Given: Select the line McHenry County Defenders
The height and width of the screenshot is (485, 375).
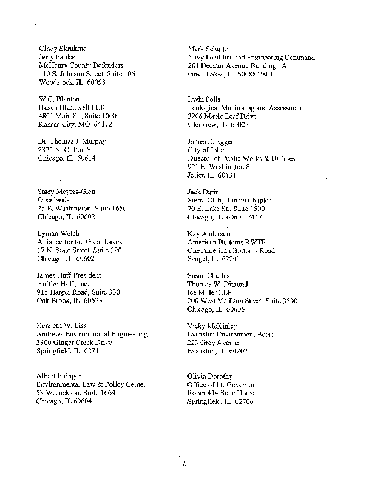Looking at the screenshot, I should pyautogui.click(x=81, y=65).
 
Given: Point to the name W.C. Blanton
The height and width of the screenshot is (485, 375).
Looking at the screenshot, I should pyautogui.click(x=59, y=99).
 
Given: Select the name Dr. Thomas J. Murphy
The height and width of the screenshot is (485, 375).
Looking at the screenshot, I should pyautogui.click(x=72, y=141).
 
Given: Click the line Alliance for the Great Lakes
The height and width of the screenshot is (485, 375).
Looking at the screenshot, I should pyautogui.click(x=79, y=242).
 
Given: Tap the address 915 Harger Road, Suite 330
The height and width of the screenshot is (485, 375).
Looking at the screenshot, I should pyautogui.click(x=79, y=292).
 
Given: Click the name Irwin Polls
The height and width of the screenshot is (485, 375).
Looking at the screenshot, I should pyautogui.click(x=204, y=99).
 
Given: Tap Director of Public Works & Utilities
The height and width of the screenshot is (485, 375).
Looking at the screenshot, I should pyautogui.click(x=242, y=158).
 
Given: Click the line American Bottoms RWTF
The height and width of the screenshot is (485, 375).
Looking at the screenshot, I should pyautogui.click(x=223, y=242).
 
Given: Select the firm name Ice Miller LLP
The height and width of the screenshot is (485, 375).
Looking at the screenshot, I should pyautogui.click(x=211, y=292).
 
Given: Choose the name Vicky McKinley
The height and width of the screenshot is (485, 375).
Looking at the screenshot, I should pyautogui.click(x=212, y=326).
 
